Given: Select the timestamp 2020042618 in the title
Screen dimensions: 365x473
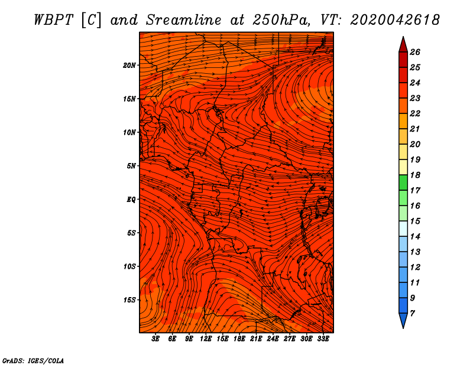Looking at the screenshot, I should pyautogui.click(x=395, y=19).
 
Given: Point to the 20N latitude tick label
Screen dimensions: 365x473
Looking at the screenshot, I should pyautogui.click(x=129, y=65).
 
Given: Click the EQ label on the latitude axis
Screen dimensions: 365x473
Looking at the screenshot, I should pyautogui.click(x=131, y=199).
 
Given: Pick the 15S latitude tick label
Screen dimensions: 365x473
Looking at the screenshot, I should pyautogui.click(x=129, y=299).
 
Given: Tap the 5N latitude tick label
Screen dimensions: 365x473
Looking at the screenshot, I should pyautogui.click(x=131, y=166).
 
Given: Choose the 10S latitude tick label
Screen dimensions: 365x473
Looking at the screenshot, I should pyautogui.click(x=129, y=266).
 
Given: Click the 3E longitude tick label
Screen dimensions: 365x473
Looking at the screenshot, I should pyautogui.click(x=156, y=339).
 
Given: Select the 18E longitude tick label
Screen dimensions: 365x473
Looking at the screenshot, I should pyautogui.click(x=239, y=339).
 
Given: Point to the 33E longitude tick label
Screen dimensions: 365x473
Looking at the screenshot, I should pyautogui.click(x=323, y=339).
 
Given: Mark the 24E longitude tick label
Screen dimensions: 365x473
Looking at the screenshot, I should pyautogui.click(x=273, y=339).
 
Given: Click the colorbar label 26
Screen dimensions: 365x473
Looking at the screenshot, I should pyautogui.click(x=415, y=52).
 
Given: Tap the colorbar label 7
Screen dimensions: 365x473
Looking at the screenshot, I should pyautogui.click(x=413, y=313).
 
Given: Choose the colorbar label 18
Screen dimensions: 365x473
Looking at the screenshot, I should pyautogui.click(x=415, y=175).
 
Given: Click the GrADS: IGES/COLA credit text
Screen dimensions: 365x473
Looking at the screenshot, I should pyautogui.click(x=33, y=360).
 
